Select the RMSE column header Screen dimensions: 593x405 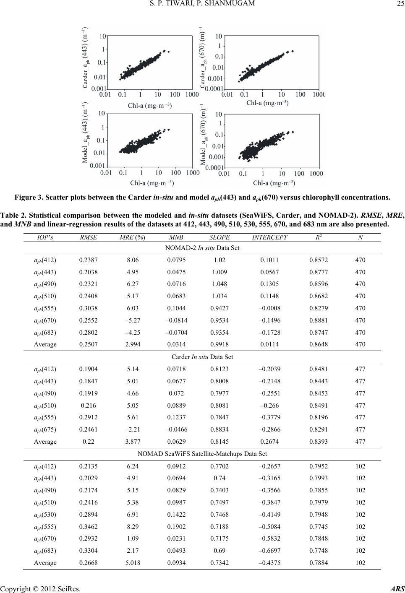(88, 237)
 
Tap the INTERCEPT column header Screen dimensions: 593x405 (269, 237)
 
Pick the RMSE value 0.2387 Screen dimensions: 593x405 (88, 260)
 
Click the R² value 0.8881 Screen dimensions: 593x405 (317, 320)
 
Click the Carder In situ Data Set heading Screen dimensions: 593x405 (202, 357)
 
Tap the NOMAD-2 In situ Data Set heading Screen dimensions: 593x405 (202, 248)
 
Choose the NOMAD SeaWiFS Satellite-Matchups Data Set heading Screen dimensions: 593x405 (202, 454)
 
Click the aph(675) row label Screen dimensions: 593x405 (45, 429)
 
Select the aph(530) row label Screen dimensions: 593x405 (45, 515)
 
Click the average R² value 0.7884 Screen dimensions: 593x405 (317, 563)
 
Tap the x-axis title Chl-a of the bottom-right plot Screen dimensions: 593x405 (274, 183)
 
